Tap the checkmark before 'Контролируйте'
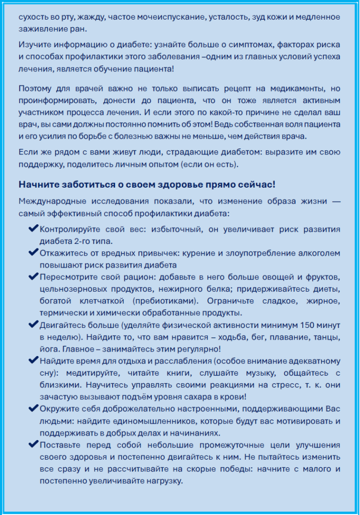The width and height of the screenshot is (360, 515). click(x=34, y=229)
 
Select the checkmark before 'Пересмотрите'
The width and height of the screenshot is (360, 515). click(x=34, y=276)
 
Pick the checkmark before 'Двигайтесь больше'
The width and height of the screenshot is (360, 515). click(x=34, y=324)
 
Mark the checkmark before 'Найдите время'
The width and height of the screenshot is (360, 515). click(x=34, y=361)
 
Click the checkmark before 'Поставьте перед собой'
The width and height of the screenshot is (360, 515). click(x=34, y=445)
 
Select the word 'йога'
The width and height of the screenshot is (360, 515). click(x=50, y=349)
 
